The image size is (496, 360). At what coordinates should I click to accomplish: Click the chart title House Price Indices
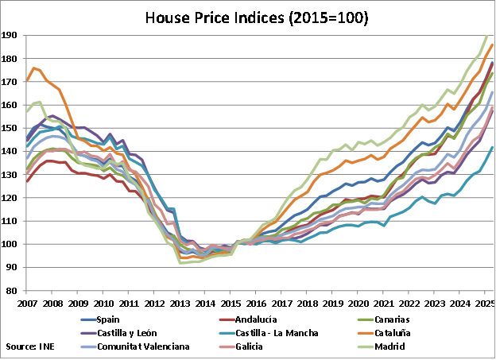(248, 17)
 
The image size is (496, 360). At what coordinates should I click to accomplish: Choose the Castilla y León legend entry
(130, 333)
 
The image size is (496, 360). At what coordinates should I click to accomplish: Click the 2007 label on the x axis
(28, 303)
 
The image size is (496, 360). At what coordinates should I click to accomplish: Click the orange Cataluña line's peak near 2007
(34, 68)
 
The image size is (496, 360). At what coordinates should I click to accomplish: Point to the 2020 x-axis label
(358, 303)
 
